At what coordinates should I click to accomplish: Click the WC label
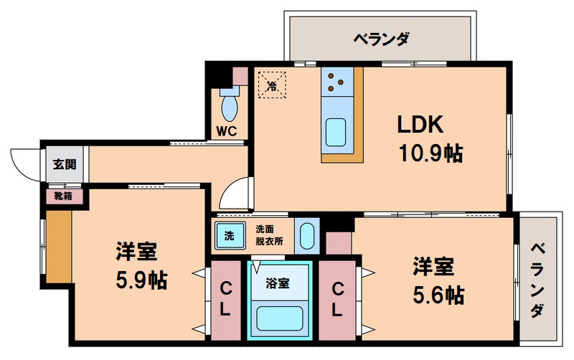tap(227, 131)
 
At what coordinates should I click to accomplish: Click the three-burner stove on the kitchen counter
tap(334, 82)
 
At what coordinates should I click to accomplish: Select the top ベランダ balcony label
tap(381, 38)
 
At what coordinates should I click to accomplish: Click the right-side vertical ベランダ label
tap(538, 280)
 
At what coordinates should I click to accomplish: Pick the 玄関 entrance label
tap(62, 164)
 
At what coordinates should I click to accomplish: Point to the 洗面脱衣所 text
tap(270, 235)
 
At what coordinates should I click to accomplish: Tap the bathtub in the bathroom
tap(280, 317)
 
